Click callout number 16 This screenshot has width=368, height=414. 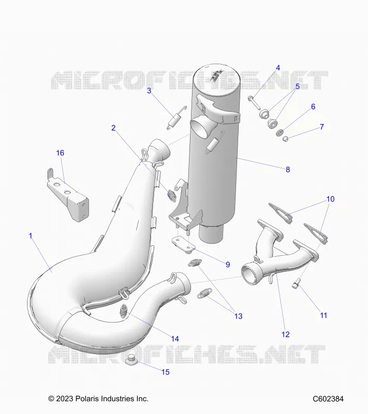[x=60, y=153]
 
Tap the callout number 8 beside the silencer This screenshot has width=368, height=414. [x=288, y=170]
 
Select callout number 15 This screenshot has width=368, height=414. [x=166, y=372]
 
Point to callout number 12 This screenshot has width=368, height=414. [x=286, y=334]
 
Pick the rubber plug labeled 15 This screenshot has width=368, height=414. [x=130, y=361]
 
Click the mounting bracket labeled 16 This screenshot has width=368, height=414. [x=68, y=196]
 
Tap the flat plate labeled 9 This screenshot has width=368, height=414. [x=183, y=245]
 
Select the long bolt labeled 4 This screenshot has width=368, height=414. [x=254, y=103]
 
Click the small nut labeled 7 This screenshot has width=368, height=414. [x=285, y=138]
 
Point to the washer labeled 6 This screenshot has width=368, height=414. [x=279, y=132]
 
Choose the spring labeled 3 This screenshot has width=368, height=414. [x=176, y=118]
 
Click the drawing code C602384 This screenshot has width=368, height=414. [x=328, y=398]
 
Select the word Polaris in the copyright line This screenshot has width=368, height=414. [x=86, y=398]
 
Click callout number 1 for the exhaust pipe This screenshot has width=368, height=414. [x=31, y=236]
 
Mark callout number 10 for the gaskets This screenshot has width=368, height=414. [x=331, y=199]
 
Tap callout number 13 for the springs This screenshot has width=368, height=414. [x=239, y=316]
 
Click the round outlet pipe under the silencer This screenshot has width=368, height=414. [x=211, y=233]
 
